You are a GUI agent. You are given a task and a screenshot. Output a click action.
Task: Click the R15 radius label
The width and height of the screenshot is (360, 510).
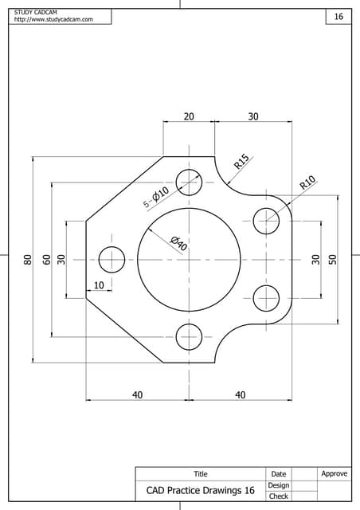(242, 162)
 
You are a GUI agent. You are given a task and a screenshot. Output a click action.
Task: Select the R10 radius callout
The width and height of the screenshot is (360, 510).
(308, 182)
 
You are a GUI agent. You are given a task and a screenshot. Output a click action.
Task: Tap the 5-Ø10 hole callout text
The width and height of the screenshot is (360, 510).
(156, 197)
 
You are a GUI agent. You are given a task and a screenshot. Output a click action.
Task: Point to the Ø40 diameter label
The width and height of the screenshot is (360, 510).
(178, 244)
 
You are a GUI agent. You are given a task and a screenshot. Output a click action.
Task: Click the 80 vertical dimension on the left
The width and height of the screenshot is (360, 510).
(27, 259)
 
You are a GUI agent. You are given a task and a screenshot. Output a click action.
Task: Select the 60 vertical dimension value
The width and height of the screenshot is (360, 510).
(46, 259)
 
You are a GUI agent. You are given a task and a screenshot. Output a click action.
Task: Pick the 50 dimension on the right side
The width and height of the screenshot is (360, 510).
(333, 259)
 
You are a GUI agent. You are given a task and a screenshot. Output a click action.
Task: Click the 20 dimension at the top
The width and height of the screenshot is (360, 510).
(189, 116)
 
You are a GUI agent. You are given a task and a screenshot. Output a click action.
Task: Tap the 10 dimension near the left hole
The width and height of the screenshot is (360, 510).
(99, 285)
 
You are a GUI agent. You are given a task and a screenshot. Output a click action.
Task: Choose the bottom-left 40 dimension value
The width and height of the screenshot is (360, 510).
(137, 394)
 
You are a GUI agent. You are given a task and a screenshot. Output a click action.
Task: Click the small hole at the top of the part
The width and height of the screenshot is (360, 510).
(190, 182)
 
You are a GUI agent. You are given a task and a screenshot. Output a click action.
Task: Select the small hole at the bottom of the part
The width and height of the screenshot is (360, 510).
(190, 336)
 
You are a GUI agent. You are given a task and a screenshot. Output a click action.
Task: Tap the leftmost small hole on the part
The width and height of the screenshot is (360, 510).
(112, 259)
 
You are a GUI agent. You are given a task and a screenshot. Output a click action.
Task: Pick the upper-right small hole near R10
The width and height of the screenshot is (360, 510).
(266, 221)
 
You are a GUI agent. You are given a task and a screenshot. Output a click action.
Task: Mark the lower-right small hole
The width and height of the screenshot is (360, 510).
(266, 297)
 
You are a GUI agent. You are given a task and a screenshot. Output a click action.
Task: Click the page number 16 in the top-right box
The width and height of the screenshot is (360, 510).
(338, 17)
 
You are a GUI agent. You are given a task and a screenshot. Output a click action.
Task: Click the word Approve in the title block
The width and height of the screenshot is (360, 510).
(334, 474)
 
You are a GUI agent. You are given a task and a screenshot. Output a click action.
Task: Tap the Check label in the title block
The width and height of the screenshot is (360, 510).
(278, 496)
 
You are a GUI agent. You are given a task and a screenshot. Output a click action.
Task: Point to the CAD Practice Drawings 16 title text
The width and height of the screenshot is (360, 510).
(200, 491)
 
